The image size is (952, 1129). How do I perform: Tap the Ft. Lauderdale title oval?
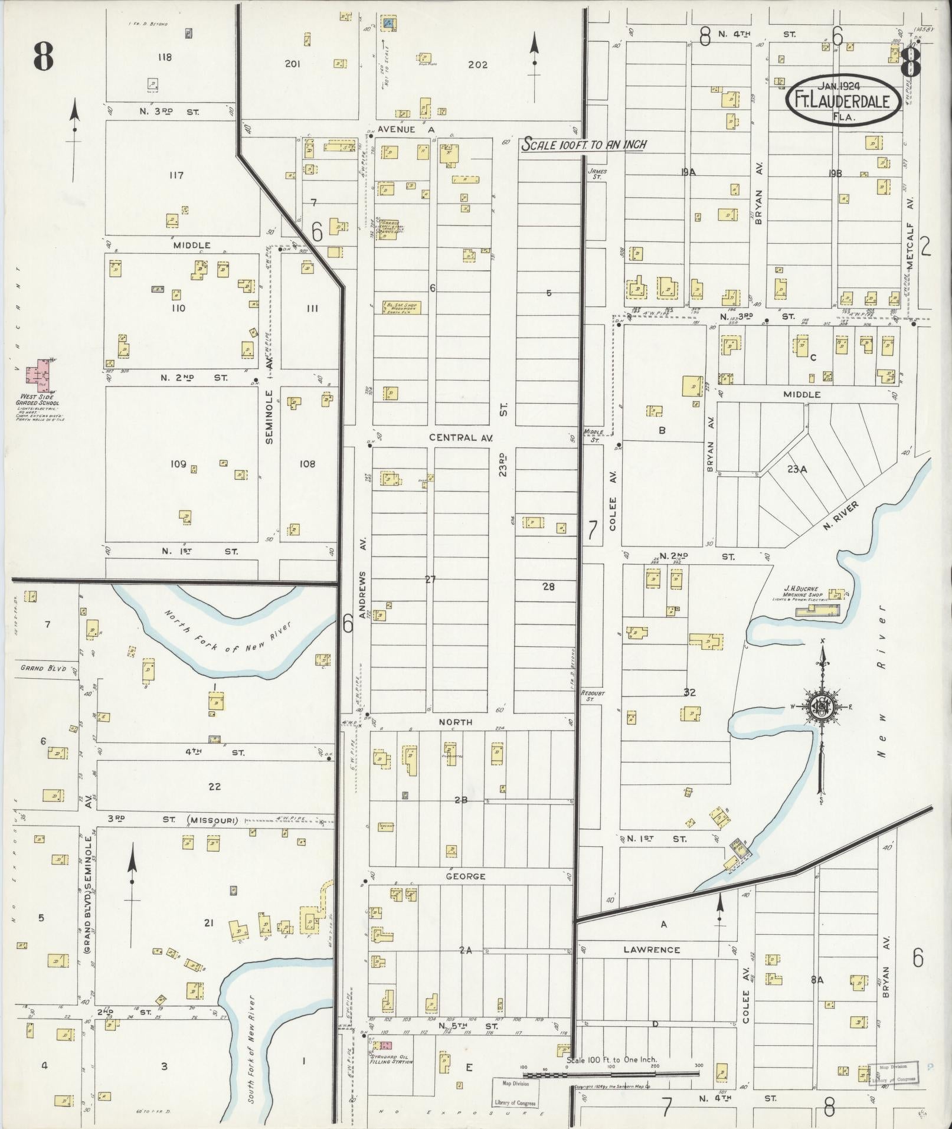(843, 101)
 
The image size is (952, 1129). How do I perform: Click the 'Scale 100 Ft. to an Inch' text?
(583, 145)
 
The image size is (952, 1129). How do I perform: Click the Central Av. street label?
(460, 437)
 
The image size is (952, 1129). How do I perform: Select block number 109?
(178, 464)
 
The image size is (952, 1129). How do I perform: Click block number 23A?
(796, 469)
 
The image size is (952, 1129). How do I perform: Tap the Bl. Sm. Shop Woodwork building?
(402, 307)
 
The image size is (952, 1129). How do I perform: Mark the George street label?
(465, 876)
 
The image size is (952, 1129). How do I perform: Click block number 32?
(689, 692)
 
